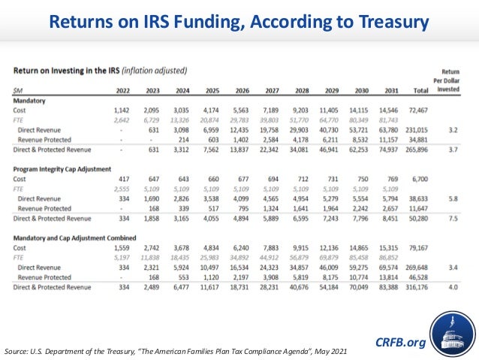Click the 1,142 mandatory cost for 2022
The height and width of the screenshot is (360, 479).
111,110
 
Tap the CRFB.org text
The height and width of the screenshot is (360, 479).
399,343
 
